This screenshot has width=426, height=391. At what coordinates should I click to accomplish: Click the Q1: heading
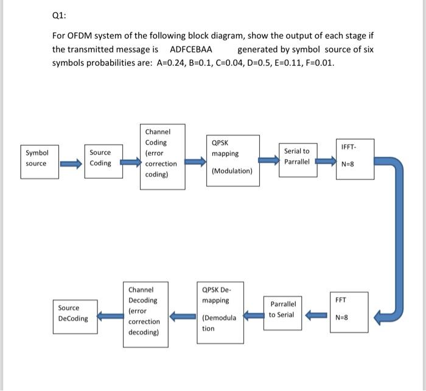(x=59, y=15)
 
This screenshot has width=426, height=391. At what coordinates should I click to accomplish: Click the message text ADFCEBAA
(x=190, y=49)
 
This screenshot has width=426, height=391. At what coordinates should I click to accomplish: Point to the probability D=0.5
(x=257, y=63)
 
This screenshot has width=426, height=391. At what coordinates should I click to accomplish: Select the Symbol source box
(x=40, y=162)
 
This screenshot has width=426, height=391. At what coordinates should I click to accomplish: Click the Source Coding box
(x=103, y=162)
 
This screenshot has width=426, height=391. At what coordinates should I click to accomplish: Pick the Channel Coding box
(x=162, y=157)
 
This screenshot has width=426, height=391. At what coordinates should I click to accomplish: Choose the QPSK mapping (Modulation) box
(x=233, y=160)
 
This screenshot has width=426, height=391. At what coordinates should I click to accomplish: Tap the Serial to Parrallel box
(x=298, y=160)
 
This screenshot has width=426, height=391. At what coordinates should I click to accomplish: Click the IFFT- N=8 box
(x=355, y=159)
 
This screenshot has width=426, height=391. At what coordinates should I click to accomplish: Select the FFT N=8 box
(x=349, y=312)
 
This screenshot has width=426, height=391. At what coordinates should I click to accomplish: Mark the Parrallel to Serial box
(x=282, y=313)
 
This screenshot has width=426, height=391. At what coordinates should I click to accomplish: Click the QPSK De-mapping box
(x=220, y=312)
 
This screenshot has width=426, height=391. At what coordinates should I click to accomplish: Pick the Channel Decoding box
(x=145, y=315)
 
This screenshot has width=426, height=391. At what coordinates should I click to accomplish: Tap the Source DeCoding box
(x=75, y=317)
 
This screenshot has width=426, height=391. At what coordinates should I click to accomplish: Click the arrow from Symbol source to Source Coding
(x=71, y=163)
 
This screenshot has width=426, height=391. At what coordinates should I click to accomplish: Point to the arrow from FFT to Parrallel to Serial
(x=316, y=315)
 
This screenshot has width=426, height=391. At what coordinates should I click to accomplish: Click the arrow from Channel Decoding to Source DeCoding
(x=110, y=316)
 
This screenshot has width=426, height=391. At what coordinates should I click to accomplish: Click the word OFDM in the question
(x=79, y=36)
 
